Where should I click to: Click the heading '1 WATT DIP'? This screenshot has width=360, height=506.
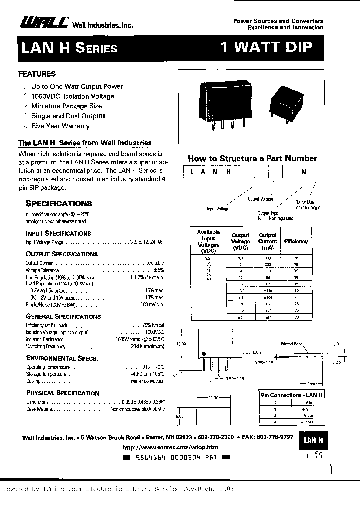click(x=266, y=47)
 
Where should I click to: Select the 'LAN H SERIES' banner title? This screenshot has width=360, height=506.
click(x=69, y=48)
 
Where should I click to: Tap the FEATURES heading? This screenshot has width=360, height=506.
click(x=37, y=74)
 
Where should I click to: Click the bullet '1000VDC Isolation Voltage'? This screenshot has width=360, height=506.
click(x=72, y=96)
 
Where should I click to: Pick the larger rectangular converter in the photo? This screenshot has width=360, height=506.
click(x=225, y=98)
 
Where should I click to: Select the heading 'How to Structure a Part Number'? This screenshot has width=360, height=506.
click(x=252, y=158)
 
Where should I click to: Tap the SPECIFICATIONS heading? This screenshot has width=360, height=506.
click(x=59, y=203)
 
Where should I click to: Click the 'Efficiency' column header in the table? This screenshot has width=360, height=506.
click(x=296, y=241)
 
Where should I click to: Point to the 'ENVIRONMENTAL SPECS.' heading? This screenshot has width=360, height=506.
click(x=62, y=358)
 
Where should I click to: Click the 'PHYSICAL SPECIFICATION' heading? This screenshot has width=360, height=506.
click(x=62, y=393)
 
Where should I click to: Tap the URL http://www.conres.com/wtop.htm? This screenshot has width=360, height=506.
click(x=170, y=447)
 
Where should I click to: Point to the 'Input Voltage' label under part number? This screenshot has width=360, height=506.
click(x=218, y=208)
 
